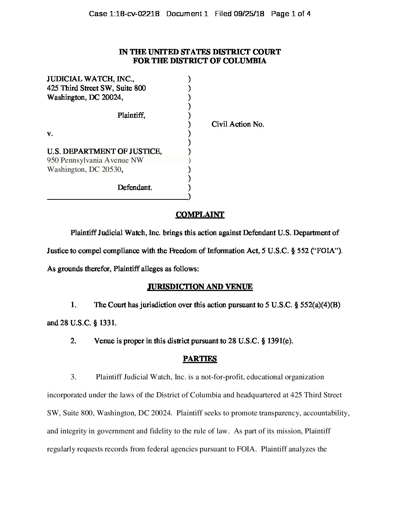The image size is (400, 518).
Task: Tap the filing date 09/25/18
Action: pos(250,14)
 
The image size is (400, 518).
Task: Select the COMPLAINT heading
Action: pos(200,214)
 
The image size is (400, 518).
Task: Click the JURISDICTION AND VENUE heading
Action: pos(200,287)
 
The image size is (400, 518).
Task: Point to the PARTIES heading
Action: pos(200,359)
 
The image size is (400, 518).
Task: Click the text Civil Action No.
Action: pos(238,124)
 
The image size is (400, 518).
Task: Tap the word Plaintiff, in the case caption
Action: pos(131,115)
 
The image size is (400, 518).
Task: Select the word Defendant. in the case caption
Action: pos(135,187)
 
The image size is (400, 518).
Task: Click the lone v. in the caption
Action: pos(50,134)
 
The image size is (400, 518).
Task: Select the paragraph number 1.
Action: pos(74,305)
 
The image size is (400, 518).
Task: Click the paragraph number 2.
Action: pos(74,341)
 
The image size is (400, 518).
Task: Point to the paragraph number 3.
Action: pos(74,377)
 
